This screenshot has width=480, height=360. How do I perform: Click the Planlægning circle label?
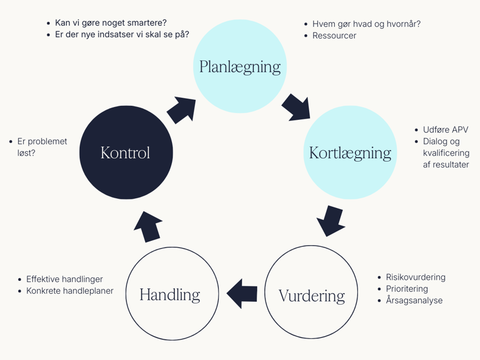[x=240, y=66]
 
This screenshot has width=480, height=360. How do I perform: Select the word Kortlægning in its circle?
[x=349, y=152]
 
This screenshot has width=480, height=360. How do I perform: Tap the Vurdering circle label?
[x=311, y=296]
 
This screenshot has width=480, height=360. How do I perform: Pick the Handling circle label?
[x=170, y=294]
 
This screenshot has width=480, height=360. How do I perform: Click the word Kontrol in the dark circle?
[x=125, y=153]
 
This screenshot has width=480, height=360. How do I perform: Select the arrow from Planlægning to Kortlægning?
[x=297, y=106]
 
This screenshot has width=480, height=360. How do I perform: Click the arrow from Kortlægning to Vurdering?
[x=331, y=221]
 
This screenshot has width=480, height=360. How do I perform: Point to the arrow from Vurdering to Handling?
[x=242, y=294]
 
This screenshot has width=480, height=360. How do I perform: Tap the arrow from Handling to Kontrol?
[x=148, y=226]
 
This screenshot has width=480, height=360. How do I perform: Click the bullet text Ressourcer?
[x=334, y=36]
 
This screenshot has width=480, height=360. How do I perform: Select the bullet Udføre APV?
[x=445, y=130]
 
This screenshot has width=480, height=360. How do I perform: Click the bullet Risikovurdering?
[x=416, y=277]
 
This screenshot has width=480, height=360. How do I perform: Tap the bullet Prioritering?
[x=406, y=289]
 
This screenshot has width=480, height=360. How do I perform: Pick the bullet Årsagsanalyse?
[x=414, y=300]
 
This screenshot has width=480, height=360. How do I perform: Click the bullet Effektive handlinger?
[x=64, y=279]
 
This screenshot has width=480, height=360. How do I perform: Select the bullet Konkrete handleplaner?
[x=70, y=291]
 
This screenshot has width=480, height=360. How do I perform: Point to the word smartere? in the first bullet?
[x=146, y=23]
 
